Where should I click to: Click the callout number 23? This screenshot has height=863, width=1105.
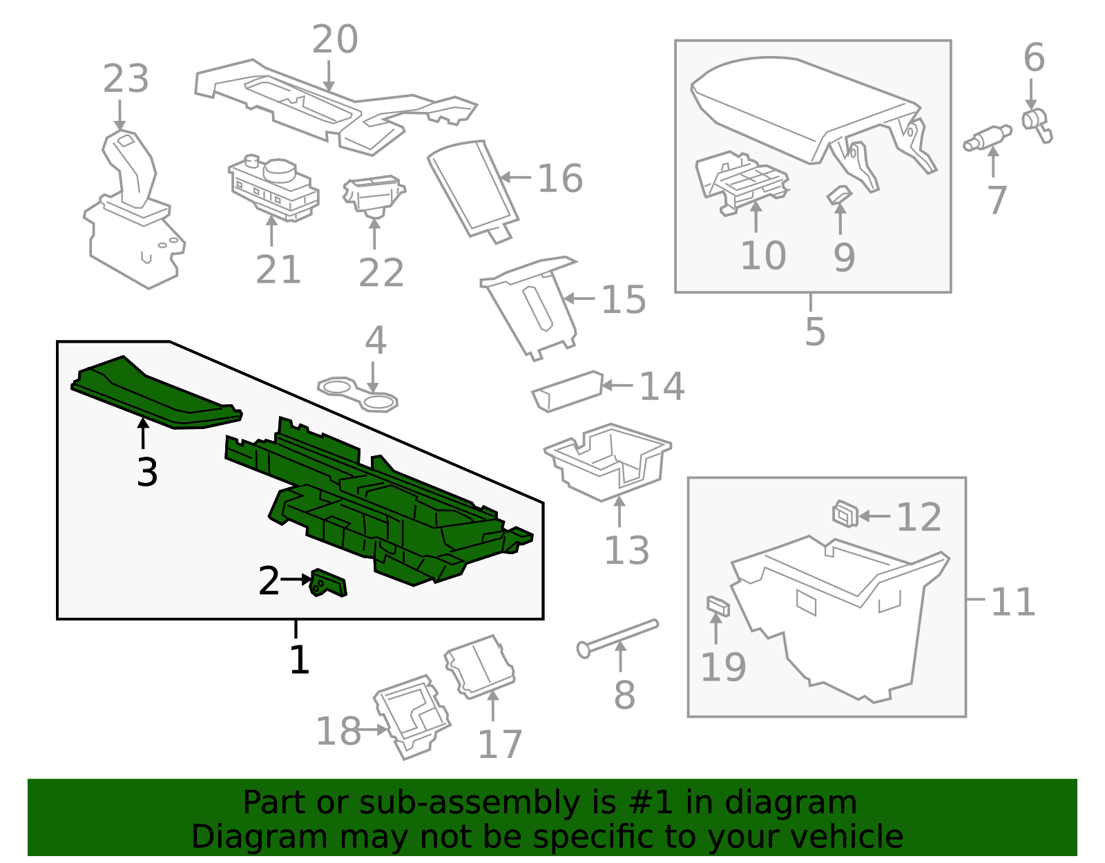(x=126, y=79)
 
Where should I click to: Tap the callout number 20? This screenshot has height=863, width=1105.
(x=335, y=39)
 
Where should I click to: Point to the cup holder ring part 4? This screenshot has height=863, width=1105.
(x=358, y=395)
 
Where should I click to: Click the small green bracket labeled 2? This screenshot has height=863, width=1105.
(x=329, y=584)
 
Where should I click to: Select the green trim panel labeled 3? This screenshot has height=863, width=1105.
(x=155, y=393)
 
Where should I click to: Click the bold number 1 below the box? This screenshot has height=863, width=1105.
(x=299, y=660)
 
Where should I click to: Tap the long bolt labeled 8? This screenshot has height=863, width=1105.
(x=617, y=636)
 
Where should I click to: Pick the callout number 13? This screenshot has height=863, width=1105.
(x=626, y=551)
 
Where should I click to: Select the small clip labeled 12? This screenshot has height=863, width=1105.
(x=845, y=513)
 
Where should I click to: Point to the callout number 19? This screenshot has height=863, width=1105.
(x=723, y=667)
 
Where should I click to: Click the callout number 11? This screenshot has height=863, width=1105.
(x=1013, y=602)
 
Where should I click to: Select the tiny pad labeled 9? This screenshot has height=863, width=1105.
(x=839, y=196)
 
